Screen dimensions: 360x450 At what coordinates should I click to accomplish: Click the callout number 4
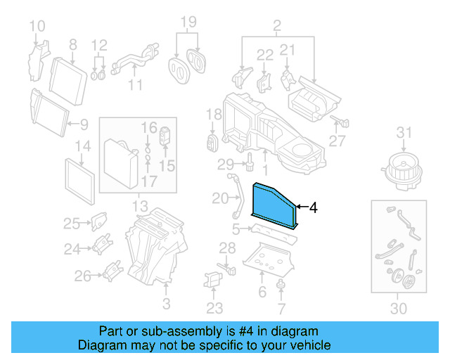(314, 207)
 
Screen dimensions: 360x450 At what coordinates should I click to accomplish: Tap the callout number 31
(403, 131)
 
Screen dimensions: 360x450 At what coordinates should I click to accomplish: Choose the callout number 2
(276, 27)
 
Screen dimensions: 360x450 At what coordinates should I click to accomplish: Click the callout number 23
(214, 308)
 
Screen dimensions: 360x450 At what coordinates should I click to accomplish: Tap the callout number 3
(167, 304)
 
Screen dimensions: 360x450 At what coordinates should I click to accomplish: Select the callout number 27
(337, 141)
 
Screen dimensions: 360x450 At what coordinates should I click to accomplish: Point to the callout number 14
(83, 147)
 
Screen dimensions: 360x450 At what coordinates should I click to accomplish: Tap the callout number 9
(84, 125)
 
